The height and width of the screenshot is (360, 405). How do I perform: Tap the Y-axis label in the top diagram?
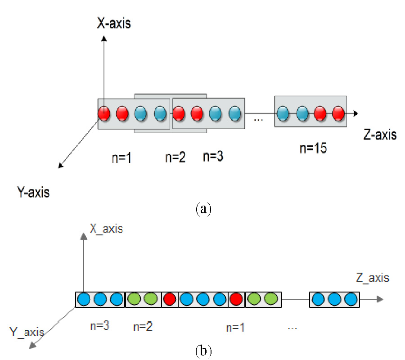(31, 193)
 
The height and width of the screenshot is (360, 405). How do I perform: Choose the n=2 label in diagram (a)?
(175, 158)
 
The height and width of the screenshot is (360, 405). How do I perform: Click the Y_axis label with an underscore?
(27, 333)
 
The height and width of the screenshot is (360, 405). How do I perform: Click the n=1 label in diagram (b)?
(236, 327)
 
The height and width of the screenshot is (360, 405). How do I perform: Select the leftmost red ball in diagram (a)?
(104, 113)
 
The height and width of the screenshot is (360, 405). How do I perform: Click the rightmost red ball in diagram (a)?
(338, 113)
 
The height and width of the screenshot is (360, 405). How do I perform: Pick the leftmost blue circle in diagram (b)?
(84, 299)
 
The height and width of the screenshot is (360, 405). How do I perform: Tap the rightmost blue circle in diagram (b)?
(350, 299)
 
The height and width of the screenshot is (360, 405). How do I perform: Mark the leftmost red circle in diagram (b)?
(170, 299)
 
